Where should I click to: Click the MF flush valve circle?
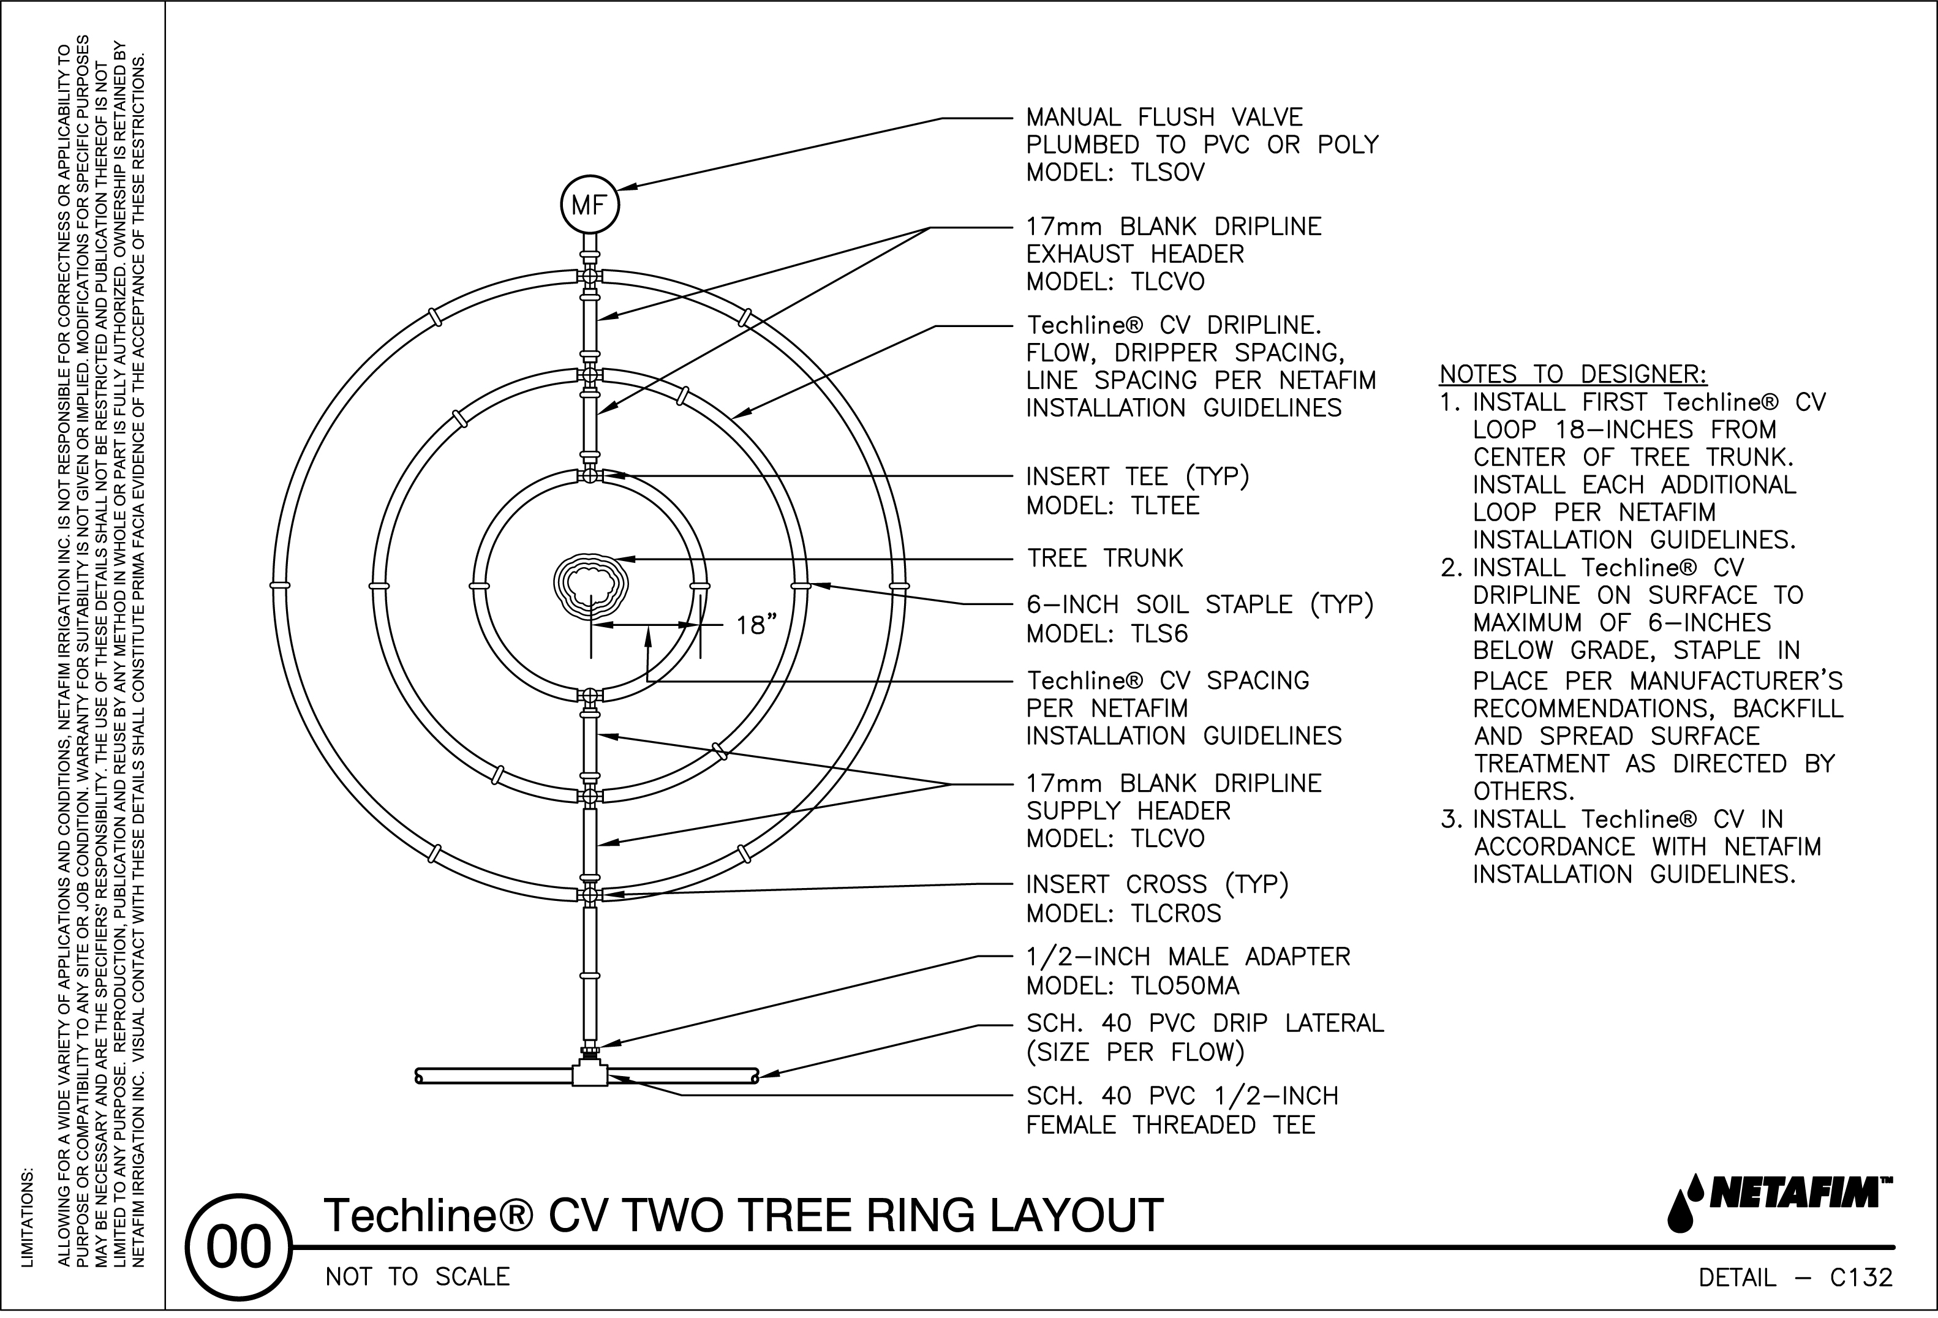click(x=590, y=204)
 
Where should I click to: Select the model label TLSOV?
click(x=1167, y=173)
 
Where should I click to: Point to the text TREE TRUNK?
click(x=1104, y=558)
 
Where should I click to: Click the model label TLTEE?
click(x=1165, y=505)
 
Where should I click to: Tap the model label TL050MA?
click(x=1185, y=986)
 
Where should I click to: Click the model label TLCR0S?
click(x=1176, y=914)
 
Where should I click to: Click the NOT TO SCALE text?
click(x=417, y=1276)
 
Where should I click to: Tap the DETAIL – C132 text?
click(x=1795, y=1277)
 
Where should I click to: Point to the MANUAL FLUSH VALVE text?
click(x=1164, y=117)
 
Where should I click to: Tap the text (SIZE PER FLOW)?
click(x=1135, y=1052)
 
